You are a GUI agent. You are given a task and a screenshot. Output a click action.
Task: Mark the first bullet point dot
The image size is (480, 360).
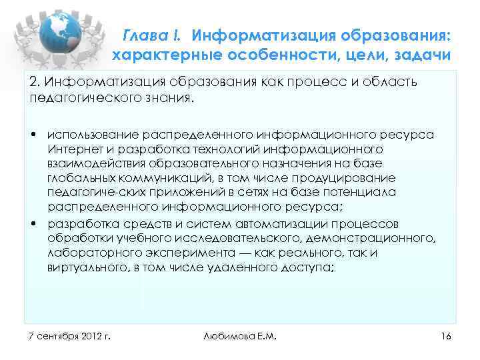click(32, 135)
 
